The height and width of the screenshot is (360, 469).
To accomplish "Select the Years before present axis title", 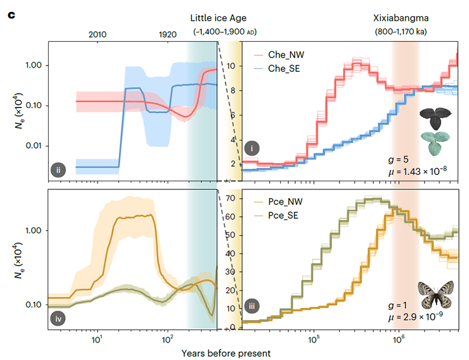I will point(226,353).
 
